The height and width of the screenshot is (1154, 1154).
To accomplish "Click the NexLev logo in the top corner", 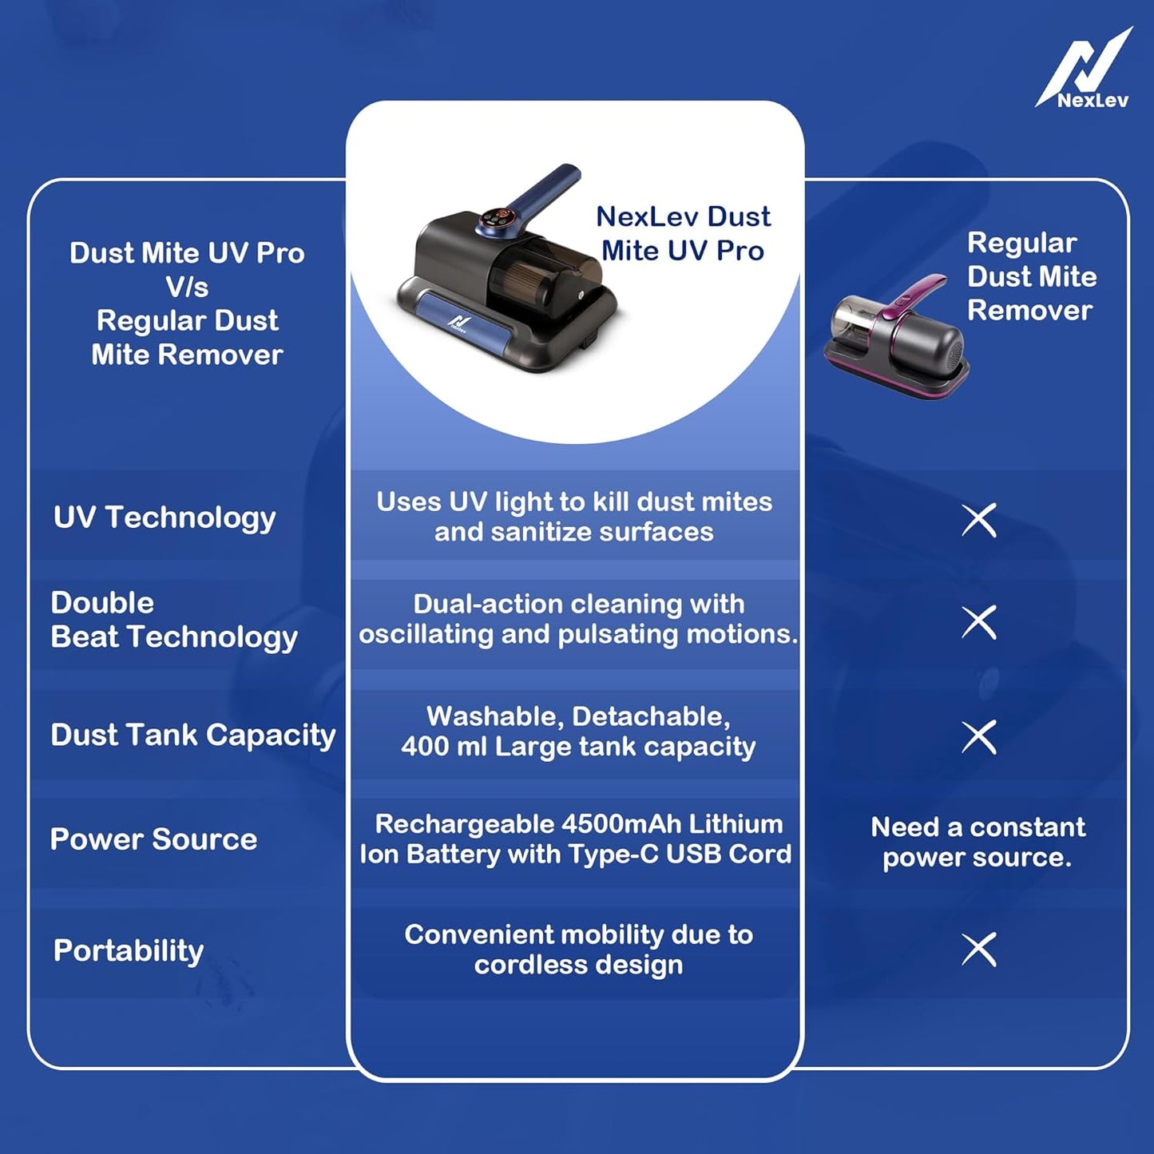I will [1085, 70].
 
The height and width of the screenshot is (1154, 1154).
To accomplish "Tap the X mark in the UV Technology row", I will [979, 521].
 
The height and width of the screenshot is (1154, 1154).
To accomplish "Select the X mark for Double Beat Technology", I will [979, 622].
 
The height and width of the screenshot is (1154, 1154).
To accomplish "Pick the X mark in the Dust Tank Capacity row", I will [979, 736].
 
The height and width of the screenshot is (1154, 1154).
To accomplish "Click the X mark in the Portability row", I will [979, 950].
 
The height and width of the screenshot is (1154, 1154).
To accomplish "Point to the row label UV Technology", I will [165, 518].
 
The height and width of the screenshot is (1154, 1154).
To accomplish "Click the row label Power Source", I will [153, 839].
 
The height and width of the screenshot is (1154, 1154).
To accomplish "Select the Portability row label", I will [129, 950].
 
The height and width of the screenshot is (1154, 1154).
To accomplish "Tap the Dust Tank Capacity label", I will [192, 735].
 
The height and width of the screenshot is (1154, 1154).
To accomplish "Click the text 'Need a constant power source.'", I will [978, 842].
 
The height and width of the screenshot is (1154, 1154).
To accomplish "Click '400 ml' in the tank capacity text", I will [444, 747].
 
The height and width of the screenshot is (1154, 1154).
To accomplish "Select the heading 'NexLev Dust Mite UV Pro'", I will [683, 233].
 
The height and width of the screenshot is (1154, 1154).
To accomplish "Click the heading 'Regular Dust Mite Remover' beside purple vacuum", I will [1031, 276].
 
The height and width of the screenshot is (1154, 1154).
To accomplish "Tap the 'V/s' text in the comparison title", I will [187, 287].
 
